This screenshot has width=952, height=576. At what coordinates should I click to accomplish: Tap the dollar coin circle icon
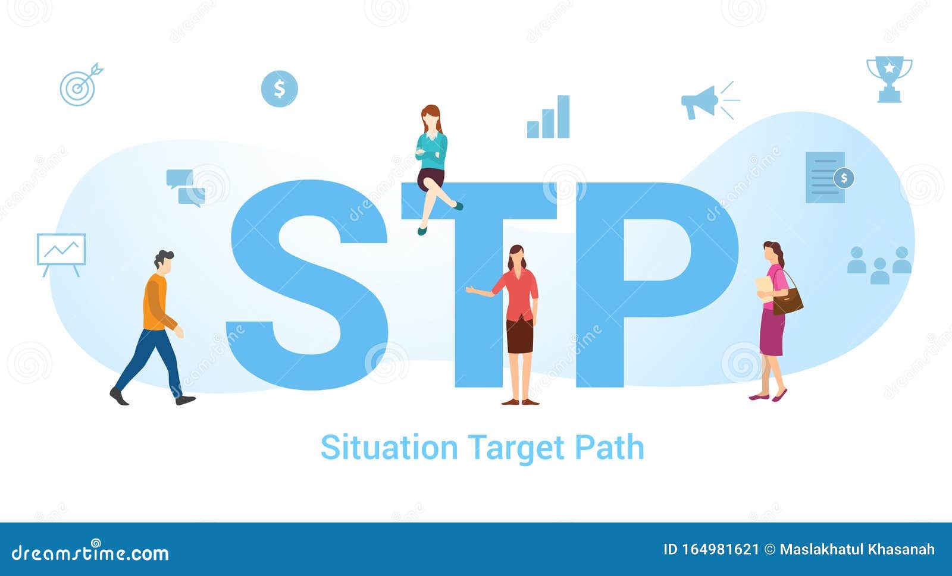[x=279, y=89]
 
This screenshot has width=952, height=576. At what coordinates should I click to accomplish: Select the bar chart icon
[x=548, y=118]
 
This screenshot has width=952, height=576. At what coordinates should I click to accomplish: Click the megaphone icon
[x=702, y=102]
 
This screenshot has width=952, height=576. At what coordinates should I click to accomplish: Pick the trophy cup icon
[x=889, y=78]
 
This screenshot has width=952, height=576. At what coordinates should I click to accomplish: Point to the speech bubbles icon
[x=185, y=187]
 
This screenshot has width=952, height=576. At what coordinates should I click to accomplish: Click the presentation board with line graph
[x=61, y=251]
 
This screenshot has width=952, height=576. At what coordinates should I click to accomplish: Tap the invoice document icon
[x=827, y=177]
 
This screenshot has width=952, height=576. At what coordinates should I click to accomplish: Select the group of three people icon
[x=879, y=265]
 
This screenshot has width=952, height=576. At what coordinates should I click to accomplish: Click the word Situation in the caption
[x=389, y=448]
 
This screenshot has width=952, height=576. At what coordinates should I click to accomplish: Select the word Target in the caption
[x=515, y=449]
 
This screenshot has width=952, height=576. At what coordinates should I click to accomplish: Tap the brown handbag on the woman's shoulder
[x=788, y=301]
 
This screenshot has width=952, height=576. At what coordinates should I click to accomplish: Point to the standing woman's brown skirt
[x=519, y=336]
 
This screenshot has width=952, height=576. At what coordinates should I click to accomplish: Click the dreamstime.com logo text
[x=90, y=553]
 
